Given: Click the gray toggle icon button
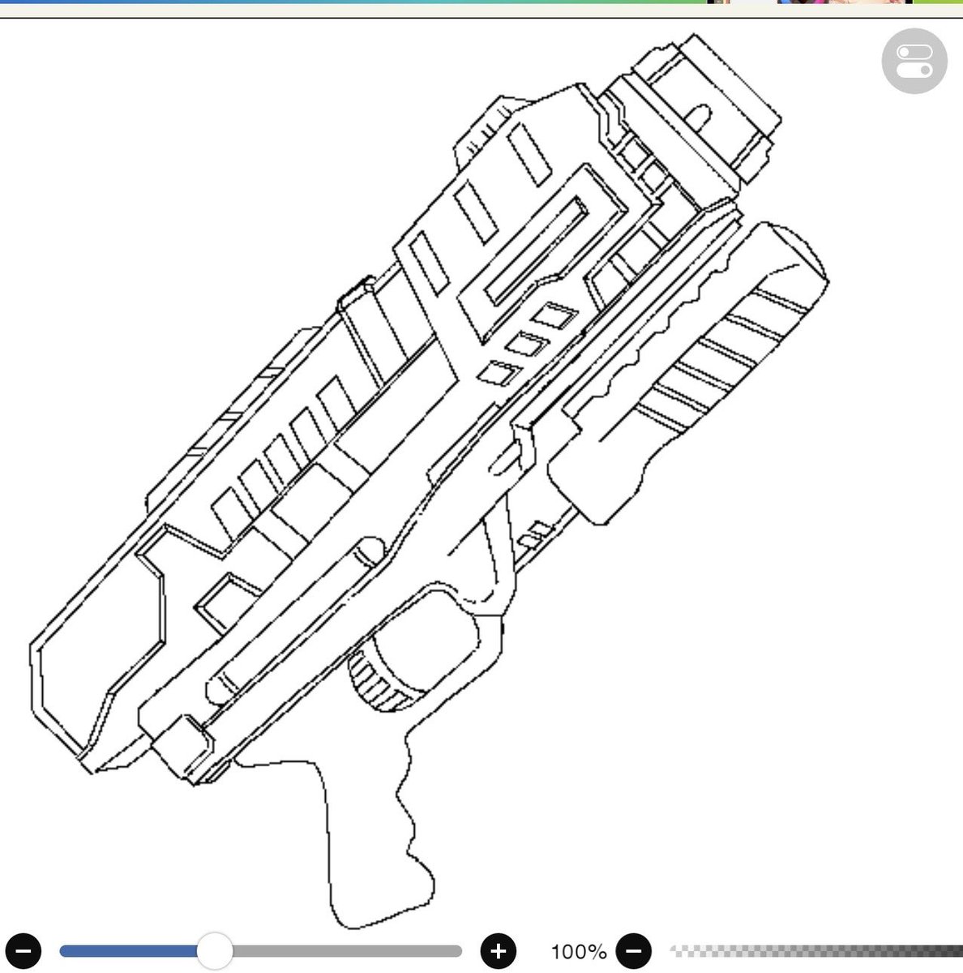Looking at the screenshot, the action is [x=914, y=61].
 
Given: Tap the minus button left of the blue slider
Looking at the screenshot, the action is [x=24, y=951].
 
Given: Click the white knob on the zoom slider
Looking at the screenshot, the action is [x=215, y=951].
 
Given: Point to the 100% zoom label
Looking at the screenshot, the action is [x=579, y=952].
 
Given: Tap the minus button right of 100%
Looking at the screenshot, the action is [x=634, y=951].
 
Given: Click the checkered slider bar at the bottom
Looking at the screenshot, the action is [x=816, y=951].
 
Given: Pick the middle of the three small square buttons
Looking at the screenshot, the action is [x=527, y=345].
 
